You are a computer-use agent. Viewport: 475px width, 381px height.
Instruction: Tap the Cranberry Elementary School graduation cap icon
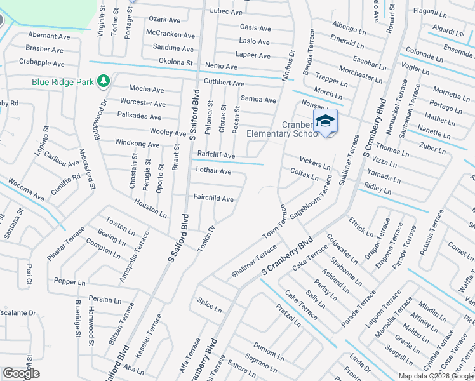point(325,121)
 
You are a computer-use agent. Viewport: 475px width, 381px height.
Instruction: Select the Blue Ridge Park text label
point(64,82)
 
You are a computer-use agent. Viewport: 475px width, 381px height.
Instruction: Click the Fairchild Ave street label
point(213,199)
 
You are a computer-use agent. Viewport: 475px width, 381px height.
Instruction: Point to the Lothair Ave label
point(213,171)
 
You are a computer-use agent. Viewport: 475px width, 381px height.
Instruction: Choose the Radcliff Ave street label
point(216,155)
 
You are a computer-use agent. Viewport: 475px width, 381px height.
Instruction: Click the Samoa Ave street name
point(258,100)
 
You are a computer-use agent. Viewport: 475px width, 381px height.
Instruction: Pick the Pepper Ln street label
point(69,281)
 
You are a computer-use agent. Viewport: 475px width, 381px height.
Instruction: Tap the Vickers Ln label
point(315,163)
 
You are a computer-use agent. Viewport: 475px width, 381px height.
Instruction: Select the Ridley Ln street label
point(377,189)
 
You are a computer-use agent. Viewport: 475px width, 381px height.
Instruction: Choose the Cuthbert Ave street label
point(224,83)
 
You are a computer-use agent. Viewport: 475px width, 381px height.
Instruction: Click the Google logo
point(21,373)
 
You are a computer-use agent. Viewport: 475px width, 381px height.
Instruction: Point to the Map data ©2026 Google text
point(435,376)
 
